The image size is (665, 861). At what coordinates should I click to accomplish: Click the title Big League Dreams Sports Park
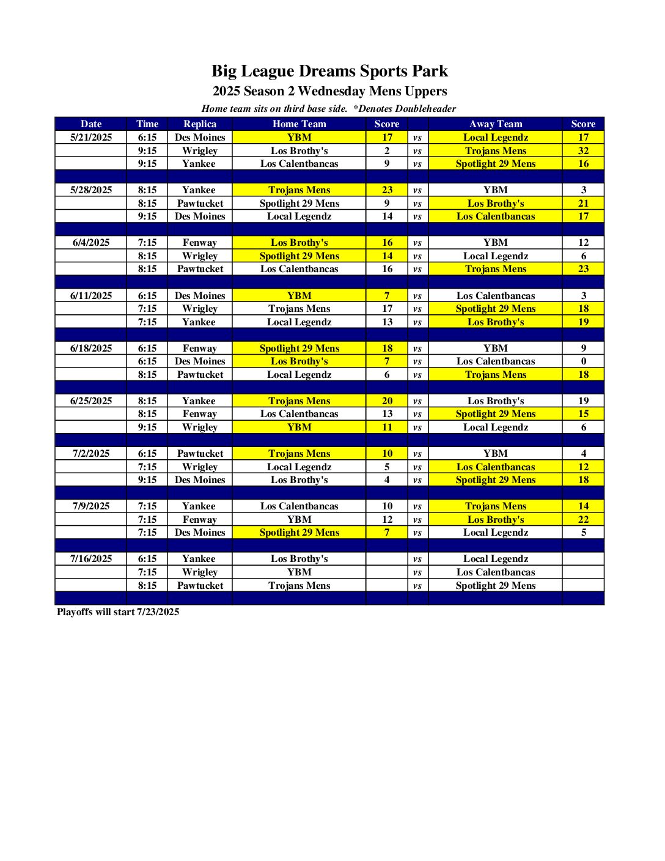pos(329,71)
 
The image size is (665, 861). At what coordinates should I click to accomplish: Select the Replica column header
pos(200,124)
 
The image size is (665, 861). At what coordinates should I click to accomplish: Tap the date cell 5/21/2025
pos(91,138)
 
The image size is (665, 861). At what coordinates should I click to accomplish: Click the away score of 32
pos(583,150)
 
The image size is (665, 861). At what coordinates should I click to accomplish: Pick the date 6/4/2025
pos(91,243)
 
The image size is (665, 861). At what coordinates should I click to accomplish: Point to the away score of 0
pos(583,361)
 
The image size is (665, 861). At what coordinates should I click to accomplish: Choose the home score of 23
pos(387,190)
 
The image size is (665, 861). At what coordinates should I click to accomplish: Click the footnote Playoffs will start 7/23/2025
pos(118,612)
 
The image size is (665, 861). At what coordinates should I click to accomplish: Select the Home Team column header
pos(299,124)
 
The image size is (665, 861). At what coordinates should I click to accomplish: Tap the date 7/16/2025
pos(91,559)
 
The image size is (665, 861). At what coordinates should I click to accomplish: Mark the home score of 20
pos(387,401)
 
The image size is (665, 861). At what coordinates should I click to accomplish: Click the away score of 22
pos(583,519)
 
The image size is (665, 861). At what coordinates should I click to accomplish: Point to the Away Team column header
pos(496,124)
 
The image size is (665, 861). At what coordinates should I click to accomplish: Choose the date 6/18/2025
pos(91,349)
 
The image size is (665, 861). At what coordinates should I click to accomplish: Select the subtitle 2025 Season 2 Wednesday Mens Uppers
pos(329,91)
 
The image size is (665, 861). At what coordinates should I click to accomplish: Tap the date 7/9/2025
pos(91,506)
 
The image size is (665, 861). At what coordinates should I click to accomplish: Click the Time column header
pos(147,124)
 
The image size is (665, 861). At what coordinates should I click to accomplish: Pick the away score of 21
pos(583,204)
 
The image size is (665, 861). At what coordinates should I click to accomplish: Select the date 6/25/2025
pos(91,401)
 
